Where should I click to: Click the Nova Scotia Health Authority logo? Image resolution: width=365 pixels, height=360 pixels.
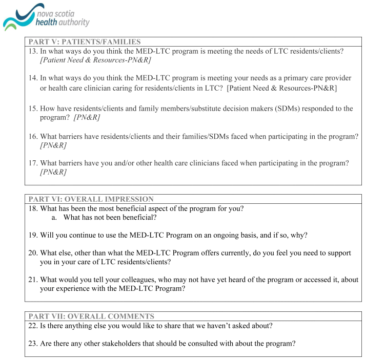(x=46, y=17)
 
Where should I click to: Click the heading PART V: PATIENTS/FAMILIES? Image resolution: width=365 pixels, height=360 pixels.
(x=85, y=42)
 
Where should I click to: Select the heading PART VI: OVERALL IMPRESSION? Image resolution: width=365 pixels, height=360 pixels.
(x=91, y=199)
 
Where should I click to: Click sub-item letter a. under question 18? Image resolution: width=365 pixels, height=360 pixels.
(x=54, y=218)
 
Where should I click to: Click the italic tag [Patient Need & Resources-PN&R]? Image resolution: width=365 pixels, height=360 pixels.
(x=95, y=60)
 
